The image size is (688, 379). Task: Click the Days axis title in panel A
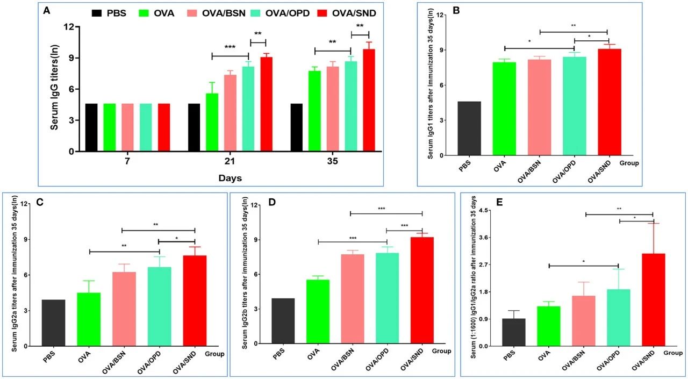click(x=230, y=178)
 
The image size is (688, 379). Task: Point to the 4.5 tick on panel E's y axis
click(x=484, y=210)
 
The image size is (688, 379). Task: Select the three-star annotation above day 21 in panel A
click(x=230, y=48)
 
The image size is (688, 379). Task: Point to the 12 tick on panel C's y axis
click(x=23, y=204)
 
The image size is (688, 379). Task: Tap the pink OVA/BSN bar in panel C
click(x=124, y=309)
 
